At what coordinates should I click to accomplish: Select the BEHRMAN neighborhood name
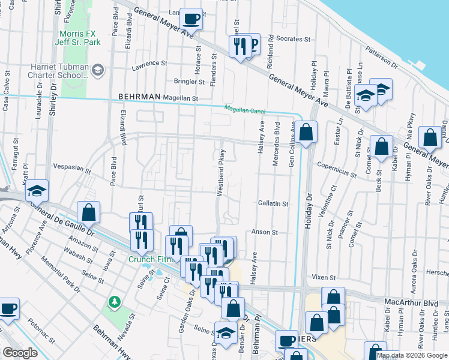[139, 97]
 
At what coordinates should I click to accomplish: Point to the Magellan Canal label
[245, 109]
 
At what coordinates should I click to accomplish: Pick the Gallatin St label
[273, 204]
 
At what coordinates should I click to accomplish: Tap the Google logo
[20, 353]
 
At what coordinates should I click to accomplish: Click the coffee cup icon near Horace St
[191, 19]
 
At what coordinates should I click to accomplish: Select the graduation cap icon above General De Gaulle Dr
[37, 191]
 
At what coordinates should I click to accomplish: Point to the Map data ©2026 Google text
[412, 355]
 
